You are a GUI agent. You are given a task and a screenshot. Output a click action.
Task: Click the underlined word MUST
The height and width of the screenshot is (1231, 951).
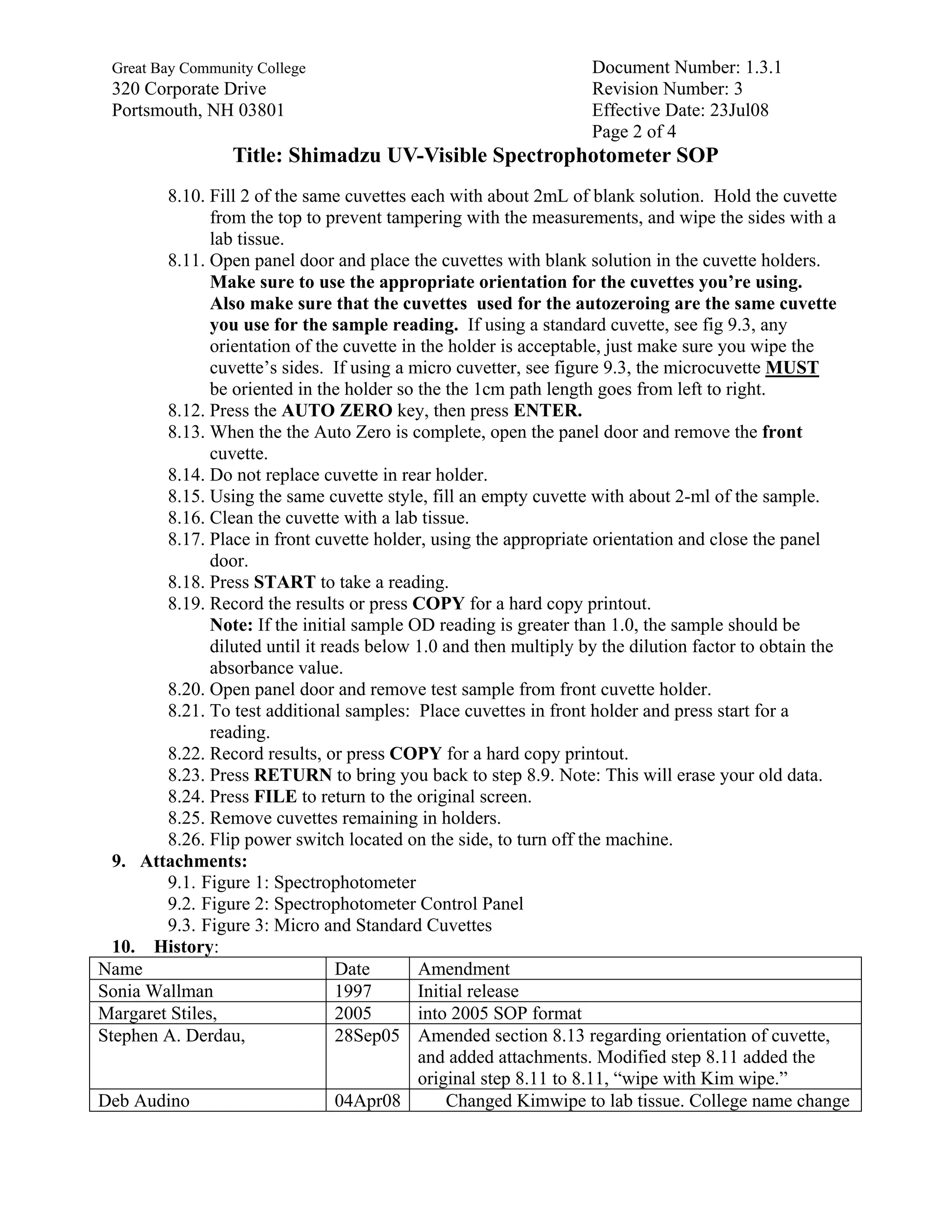point(792,368)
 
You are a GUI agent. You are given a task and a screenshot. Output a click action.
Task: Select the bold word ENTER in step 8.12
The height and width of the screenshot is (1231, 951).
point(547,411)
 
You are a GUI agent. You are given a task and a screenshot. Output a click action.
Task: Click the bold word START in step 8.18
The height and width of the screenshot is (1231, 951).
point(285,582)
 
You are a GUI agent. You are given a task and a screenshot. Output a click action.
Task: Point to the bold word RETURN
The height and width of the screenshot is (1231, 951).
point(293,776)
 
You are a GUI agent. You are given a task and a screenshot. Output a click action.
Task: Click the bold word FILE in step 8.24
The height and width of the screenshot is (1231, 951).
point(275,797)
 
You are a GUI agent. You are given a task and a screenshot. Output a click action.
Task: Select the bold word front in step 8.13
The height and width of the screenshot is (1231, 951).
point(782,432)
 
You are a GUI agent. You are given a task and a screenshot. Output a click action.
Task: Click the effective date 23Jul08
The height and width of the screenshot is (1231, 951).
point(739,110)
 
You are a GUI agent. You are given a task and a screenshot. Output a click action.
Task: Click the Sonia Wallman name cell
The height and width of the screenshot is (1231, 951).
point(156,991)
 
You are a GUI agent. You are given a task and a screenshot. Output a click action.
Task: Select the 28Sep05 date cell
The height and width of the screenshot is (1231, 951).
point(367,1036)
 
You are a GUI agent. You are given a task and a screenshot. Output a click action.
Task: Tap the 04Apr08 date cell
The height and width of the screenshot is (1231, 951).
point(367,1101)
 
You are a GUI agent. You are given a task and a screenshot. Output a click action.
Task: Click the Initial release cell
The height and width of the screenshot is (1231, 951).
point(468,991)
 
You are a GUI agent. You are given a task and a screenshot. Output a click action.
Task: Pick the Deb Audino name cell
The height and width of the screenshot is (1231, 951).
point(143,1101)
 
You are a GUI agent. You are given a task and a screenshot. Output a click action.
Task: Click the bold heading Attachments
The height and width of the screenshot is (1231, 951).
point(194,861)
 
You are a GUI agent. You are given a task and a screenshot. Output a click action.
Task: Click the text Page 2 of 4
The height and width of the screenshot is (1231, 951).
point(633,131)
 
